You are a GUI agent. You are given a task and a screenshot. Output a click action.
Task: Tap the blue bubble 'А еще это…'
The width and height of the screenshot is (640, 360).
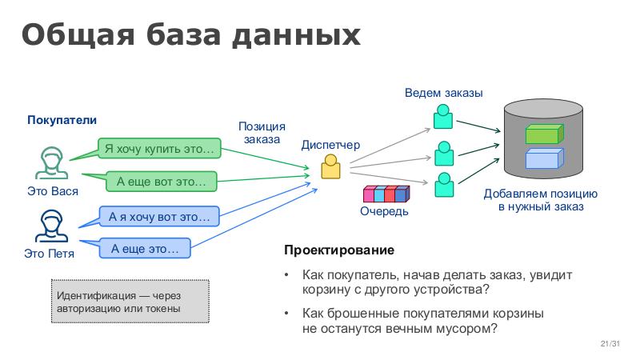145,249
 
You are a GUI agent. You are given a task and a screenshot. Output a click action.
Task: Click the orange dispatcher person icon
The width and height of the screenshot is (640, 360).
330,166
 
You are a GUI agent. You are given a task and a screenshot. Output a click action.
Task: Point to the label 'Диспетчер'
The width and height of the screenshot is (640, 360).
330,145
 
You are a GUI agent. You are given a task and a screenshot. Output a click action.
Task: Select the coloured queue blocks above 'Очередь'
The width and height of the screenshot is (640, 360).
386,194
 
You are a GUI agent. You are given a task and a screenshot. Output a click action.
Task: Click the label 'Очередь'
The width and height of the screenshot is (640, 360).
384,212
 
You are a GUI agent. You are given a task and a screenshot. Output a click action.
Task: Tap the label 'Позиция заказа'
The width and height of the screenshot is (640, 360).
262,133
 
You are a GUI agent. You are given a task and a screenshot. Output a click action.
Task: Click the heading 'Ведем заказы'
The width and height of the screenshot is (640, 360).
443,93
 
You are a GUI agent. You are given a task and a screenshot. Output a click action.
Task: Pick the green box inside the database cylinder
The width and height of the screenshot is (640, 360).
541,134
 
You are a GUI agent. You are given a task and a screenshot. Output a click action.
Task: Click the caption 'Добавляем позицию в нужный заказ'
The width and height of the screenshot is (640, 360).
541,200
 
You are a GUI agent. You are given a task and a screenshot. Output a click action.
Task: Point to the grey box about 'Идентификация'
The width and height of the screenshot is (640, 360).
130,302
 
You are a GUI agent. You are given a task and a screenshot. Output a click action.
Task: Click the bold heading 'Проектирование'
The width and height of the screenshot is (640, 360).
328,250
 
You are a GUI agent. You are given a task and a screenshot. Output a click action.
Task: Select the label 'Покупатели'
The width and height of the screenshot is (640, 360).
62,120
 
